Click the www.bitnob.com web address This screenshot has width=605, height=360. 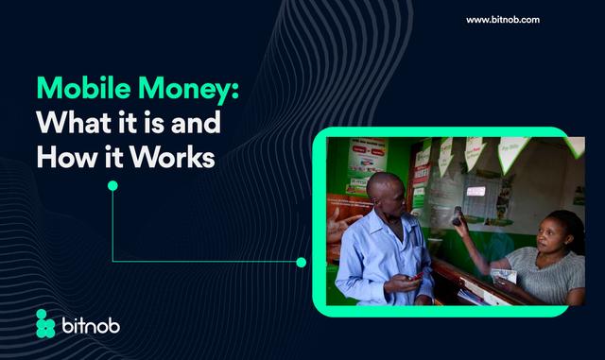(503, 20)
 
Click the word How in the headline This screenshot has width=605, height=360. (61, 156)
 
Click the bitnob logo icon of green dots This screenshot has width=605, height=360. (45, 323)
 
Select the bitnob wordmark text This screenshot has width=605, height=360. (91, 324)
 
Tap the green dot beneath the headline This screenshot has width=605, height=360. (112, 185)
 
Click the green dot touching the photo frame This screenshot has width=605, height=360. (302, 262)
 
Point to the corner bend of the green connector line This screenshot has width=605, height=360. (112, 262)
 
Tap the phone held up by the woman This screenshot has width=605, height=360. (458, 214)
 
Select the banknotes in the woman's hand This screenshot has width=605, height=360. (503, 275)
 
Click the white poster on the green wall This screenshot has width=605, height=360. (367, 156)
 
